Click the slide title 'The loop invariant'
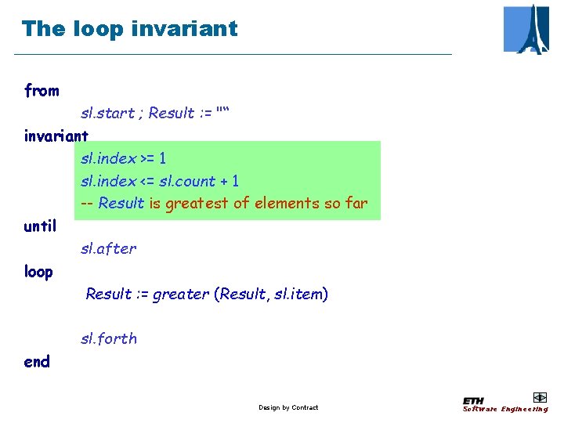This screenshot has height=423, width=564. coord(129,29)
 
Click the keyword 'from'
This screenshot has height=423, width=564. coord(42,91)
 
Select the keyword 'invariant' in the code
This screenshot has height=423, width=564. coord(56,136)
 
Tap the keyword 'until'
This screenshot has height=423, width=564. coord(40,226)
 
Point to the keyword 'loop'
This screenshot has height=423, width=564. coord(38,272)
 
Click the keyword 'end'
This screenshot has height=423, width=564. coord(37,361)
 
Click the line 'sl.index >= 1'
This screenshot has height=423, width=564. coord(123,158)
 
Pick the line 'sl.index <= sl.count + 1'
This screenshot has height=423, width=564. coord(160,181)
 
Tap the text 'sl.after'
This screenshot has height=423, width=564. coord(108,249)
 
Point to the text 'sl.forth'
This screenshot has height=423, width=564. coord(108,339)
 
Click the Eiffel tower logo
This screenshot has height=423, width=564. coord(526,29)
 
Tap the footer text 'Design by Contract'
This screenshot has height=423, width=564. coord(288,407)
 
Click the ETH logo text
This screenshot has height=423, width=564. coord(473,400)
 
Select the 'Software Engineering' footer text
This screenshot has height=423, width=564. coord(505,409)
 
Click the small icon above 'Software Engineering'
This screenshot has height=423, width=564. coord(539,397)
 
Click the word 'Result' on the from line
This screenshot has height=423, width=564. coord(171,114)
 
